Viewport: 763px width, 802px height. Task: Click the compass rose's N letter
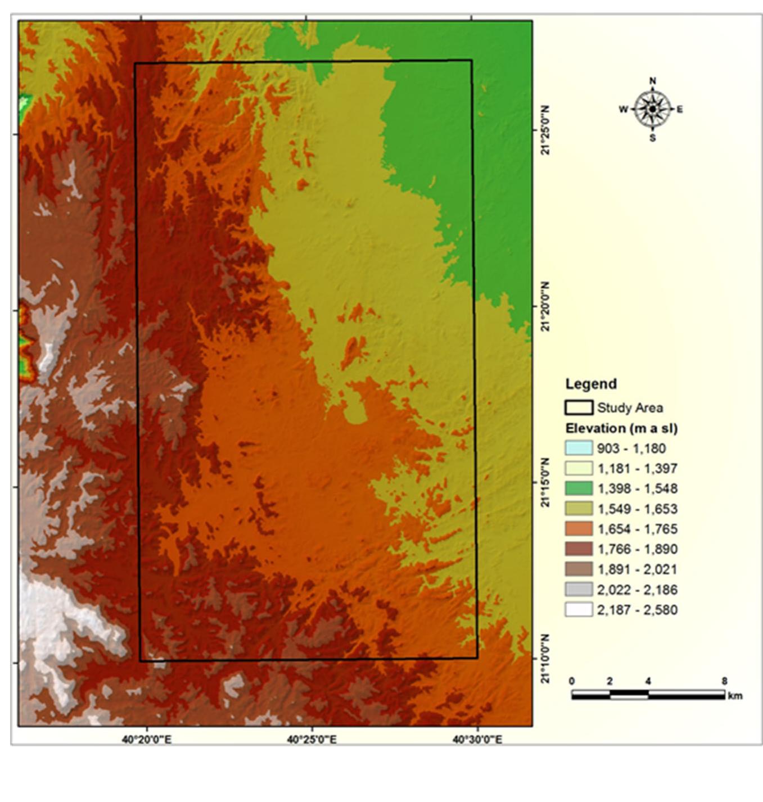652,81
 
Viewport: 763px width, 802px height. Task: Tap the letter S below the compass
652,138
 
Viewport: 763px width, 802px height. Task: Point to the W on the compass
623,110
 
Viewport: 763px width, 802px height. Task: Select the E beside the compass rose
680,110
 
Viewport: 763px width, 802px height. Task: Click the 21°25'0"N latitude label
545,130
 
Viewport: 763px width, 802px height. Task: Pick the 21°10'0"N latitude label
545,659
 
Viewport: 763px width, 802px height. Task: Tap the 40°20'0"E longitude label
147,740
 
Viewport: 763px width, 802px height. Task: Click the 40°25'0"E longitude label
311,740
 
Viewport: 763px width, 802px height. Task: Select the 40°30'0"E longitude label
477,740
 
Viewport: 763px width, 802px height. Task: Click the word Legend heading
591,384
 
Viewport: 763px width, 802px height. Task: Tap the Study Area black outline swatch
579,407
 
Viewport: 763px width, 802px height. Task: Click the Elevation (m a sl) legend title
621,428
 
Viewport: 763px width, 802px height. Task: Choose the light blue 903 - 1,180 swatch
579,448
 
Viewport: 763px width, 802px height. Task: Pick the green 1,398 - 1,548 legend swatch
579,488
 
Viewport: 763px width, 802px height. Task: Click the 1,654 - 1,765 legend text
637,529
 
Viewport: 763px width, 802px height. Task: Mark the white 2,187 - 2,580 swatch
579,609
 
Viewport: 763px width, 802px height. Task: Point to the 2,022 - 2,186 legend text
637,590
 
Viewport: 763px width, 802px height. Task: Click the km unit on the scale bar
735,696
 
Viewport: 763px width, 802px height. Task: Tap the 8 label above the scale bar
724,682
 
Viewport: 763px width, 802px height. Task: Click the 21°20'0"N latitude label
545,306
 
